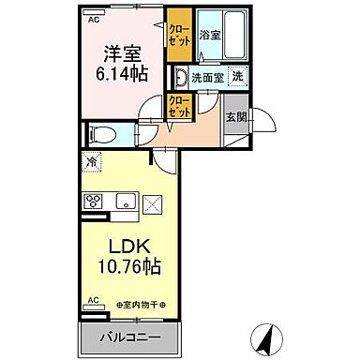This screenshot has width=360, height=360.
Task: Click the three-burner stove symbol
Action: click(94, 201)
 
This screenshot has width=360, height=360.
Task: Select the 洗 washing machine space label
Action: click(238, 77)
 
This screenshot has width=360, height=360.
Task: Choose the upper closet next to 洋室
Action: click(177, 35)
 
